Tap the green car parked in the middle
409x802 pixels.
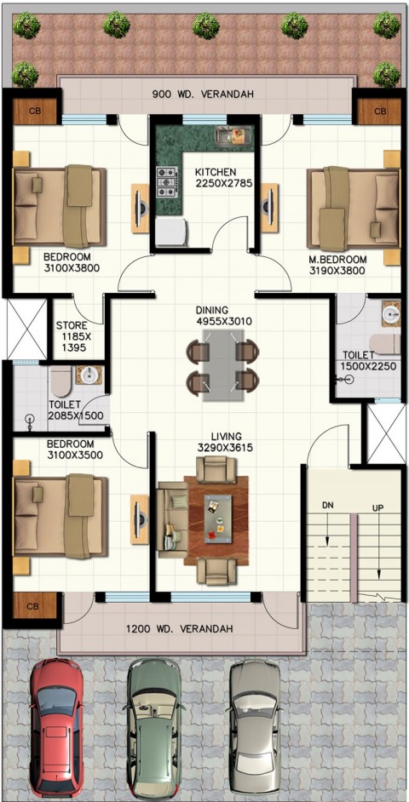[154, 730]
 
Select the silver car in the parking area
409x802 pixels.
[255, 730]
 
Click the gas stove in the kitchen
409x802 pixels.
[166, 181]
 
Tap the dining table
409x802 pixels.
[222, 365]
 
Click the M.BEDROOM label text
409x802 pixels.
[337, 260]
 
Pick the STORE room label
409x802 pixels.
[72, 325]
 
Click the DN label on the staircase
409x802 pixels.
[327, 505]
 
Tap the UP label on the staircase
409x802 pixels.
[377, 508]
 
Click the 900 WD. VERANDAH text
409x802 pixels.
[203, 95]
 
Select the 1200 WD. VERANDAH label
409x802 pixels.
[179, 628]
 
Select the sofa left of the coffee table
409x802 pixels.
[172, 519]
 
